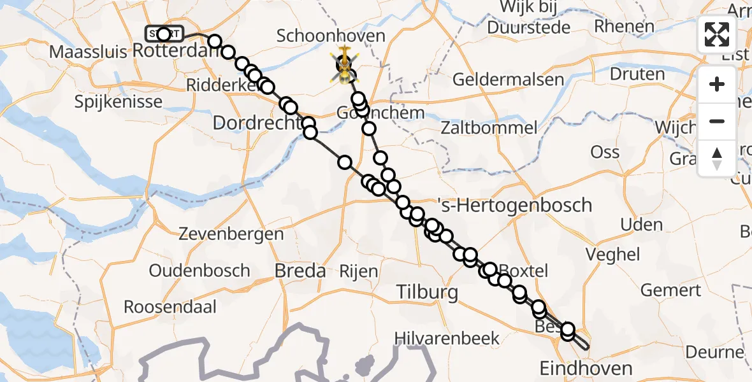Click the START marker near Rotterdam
pos(164,34)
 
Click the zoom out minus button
pos(717,121)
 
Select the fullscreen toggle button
pos(717,34)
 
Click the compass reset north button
pos(717,157)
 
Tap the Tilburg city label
pos(427,293)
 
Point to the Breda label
pos(300,271)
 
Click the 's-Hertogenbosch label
pos(515,206)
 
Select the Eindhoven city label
pos(586,368)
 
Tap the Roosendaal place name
pos(170,308)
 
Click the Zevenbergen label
pos(231,234)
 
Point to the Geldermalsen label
pos(509,80)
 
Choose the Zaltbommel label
pos(489,127)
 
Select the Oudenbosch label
pos(199,271)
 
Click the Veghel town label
pos(614,255)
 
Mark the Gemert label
pos(670,290)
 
